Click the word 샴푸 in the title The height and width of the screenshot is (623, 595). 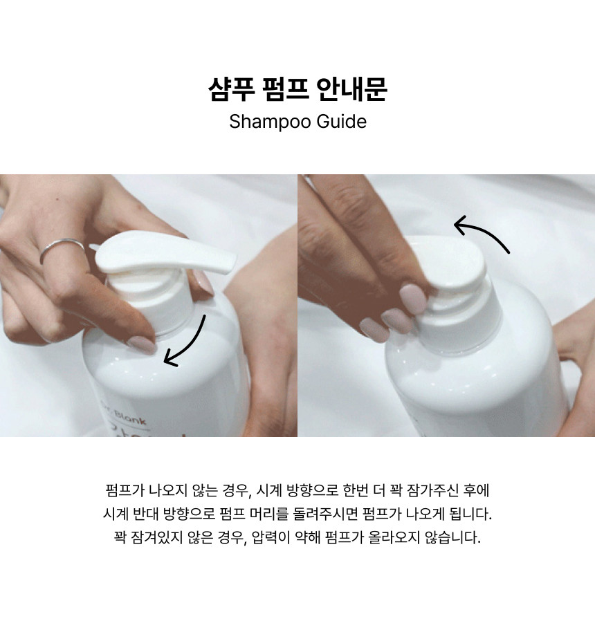click(x=232, y=89)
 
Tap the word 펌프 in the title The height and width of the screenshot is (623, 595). click(x=286, y=89)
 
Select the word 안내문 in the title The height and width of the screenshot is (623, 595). click(x=351, y=89)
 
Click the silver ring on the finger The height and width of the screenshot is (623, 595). click(x=62, y=248)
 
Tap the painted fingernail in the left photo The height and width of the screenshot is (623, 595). click(x=142, y=344)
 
